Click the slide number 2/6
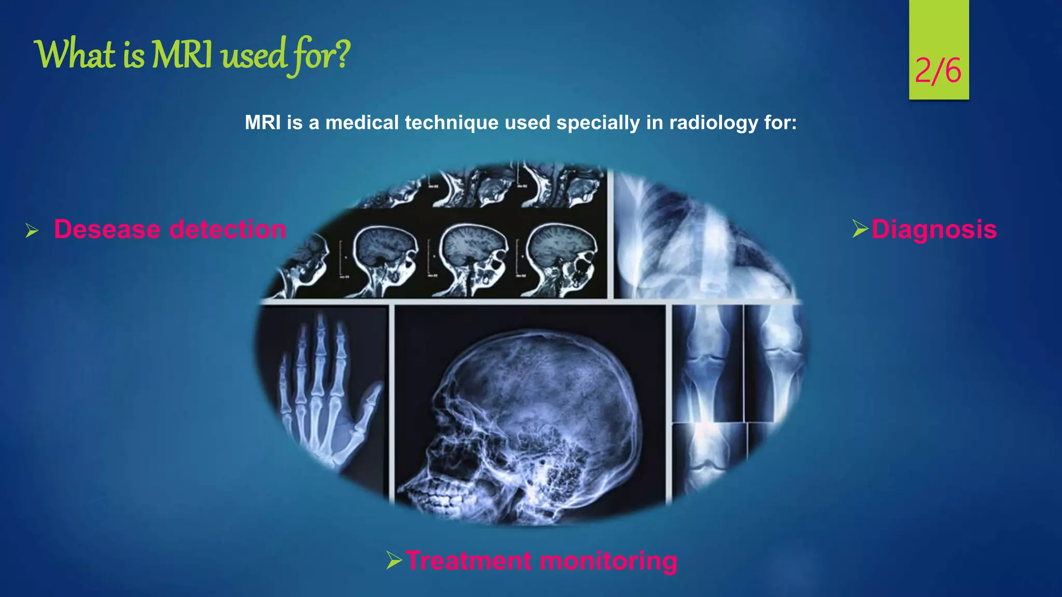point(938,70)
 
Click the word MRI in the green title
point(181,55)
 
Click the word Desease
point(107,229)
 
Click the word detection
point(228,229)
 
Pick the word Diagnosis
point(934,229)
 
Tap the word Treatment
point(469,561)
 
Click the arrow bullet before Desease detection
point(32,231)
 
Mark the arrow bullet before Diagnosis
point(860,229)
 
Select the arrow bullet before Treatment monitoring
point(394,560)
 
